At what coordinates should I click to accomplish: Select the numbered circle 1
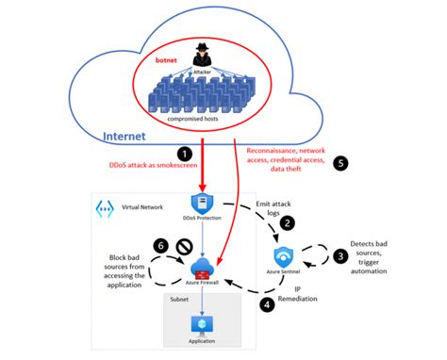[x=184, y=154]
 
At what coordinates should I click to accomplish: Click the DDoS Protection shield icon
[x=200, y=203]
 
